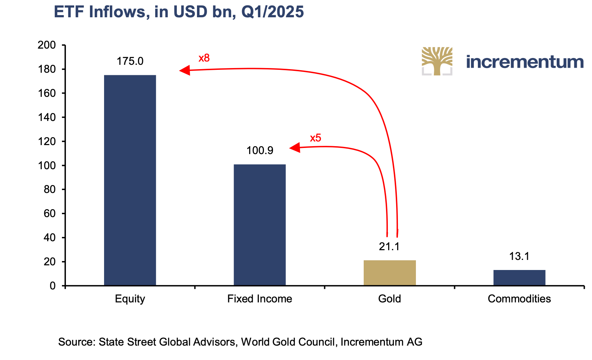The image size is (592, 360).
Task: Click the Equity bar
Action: click(130, 180)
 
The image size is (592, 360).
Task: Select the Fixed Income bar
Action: click(260, 225)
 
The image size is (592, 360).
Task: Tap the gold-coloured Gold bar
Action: click(390, 273)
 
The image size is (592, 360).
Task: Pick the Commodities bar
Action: click(519, 278)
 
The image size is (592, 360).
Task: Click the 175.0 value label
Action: click(130, 61)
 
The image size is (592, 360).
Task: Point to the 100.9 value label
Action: click(260, 150)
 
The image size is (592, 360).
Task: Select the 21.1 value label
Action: click(389, 247)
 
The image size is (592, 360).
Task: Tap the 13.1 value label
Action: click(519, 256)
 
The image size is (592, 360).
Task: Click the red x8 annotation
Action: click(204, 58)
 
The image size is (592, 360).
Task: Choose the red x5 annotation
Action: click(315, 138)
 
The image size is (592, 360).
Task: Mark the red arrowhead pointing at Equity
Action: click(185, 70)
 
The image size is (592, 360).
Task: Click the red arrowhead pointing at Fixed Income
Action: click(295, 148)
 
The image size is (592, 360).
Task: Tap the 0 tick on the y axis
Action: click(53, 286)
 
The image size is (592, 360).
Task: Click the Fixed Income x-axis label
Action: click(260, 299)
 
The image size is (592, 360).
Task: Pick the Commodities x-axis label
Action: click(519, 299)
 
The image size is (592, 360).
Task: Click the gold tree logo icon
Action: click(437, 61)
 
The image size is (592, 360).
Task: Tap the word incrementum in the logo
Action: click(525, 62)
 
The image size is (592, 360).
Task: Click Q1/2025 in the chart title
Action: click(273, 12)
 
